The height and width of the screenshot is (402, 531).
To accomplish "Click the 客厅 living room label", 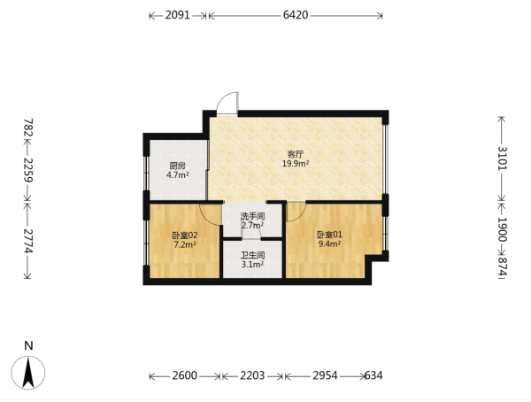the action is click(296, 155).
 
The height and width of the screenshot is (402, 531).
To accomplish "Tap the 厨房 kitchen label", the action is click(178, 166).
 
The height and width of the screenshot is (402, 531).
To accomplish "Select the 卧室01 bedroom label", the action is click(329, 235).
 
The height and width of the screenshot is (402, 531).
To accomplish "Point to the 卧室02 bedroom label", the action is click(185, 236).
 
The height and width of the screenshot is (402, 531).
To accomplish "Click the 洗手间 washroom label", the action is click(252, 216).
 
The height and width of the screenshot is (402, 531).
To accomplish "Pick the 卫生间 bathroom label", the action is click(252, 255).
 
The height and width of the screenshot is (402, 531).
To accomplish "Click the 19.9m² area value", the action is click(296, 164).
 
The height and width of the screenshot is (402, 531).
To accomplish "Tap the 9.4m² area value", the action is click(329, 244).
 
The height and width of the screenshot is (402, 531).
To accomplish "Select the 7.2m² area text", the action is click(185, 244).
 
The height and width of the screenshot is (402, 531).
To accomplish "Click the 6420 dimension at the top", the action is click(296, 15).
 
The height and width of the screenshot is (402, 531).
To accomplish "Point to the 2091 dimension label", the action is click(178, 15).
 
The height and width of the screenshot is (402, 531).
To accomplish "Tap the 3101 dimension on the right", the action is click(503, 158).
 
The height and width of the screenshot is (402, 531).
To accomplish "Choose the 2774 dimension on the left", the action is click(28, 241).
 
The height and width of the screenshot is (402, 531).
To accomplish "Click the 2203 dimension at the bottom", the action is click(252, 375).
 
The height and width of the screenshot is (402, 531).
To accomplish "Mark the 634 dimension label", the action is click(373, 375).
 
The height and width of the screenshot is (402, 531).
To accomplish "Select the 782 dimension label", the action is click(28, 128).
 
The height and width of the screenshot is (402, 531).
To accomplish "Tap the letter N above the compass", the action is click(29, 345).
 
